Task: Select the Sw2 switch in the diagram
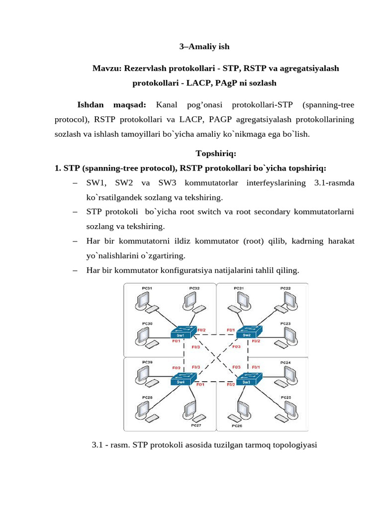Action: point(247,332)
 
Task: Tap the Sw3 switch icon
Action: point(247,379)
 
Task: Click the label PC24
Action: point(286,363)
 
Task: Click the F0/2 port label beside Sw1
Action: point(201,330)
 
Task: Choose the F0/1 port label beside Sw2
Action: point(231,330)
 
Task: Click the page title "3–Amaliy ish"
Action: point(204,47)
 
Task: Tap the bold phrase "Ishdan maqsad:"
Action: point(111,105)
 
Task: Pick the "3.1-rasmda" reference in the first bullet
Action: point(334,183)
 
